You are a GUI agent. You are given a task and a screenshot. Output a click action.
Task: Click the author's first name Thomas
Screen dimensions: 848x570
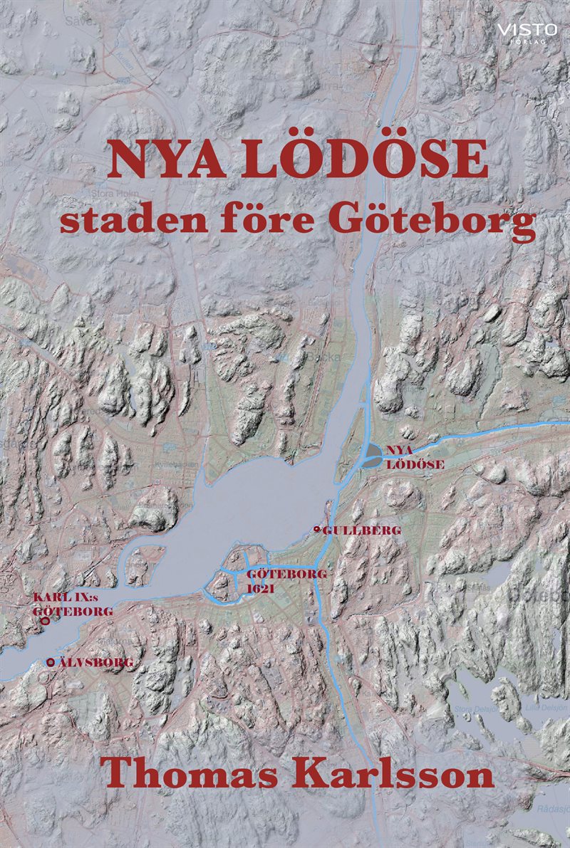click(177, 774)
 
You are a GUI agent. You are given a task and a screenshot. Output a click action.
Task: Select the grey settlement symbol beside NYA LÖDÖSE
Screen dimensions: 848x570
click(373, 455)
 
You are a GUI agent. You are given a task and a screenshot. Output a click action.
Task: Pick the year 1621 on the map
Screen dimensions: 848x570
click(261, 590)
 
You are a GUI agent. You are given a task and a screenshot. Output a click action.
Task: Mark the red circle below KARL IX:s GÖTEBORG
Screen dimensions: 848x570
click(46, 621)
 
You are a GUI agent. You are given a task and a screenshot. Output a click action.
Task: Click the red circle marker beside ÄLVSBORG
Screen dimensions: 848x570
click(50, 663)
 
